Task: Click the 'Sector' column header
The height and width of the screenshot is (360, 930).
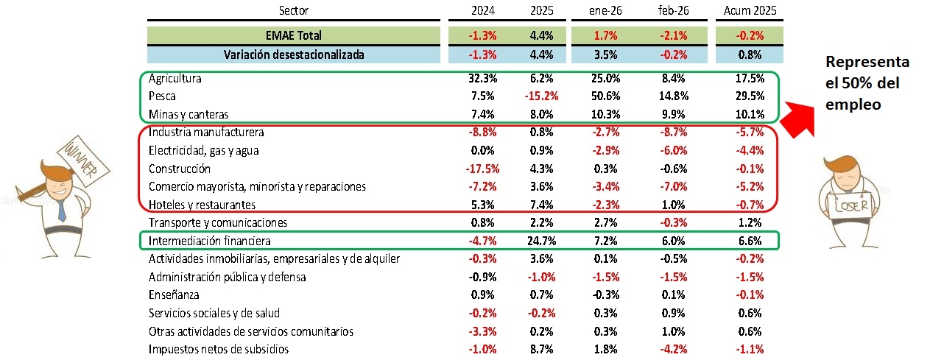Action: coord(294,10)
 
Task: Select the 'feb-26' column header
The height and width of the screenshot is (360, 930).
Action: coord(673,10)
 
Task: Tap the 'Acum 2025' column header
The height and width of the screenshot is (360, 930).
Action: coord(750,10)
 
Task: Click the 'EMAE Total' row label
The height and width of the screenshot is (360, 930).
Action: coord(294,35)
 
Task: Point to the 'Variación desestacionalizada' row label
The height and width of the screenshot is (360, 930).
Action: coord(294,54)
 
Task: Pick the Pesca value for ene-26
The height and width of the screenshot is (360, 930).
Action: coord(605,96)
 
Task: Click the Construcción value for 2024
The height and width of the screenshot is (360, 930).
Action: coord(482,169)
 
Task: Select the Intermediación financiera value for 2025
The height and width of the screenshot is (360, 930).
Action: coord(541,241)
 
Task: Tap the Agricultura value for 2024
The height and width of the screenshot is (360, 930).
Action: coord(482,78)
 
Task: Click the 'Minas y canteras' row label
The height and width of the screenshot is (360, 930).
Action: coord(189,114)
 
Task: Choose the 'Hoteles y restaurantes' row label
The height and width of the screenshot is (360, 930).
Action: coord(202,205)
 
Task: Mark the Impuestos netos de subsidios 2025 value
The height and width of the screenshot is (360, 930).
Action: coord(541,349)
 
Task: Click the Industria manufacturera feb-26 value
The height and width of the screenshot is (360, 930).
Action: coord(673,132)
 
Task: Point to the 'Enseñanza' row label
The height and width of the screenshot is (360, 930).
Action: coord(174,294)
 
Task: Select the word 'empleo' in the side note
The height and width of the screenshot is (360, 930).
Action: coord(853,105)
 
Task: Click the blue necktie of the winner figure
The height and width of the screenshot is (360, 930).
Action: coord(61,210)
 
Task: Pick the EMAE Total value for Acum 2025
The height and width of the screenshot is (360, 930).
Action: coord(750,35)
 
